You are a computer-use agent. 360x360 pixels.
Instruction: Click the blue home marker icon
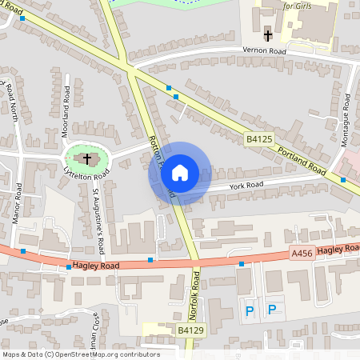180,173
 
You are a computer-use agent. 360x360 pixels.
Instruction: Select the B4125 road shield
258,139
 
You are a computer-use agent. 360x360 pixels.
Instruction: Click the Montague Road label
346,118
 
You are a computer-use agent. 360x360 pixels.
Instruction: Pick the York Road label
246,185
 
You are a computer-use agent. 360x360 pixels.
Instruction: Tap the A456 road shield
302,254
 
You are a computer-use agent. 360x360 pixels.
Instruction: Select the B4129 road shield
190,330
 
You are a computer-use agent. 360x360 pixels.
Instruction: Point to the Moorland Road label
67,115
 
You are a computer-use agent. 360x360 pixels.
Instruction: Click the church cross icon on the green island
86,158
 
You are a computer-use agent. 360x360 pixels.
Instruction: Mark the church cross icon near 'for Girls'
268,35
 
